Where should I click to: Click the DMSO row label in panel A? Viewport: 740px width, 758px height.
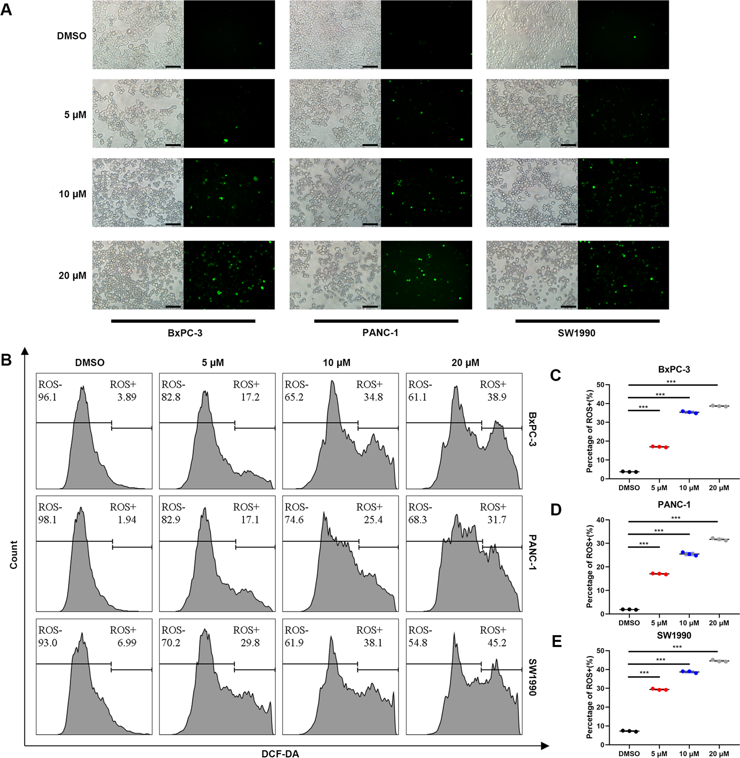tap(72, 36)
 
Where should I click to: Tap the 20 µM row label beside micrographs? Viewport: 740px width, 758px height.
tap(72, 275)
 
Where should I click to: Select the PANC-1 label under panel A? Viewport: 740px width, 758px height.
tap(380, 333)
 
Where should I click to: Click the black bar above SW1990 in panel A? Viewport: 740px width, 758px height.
tap(587, 321)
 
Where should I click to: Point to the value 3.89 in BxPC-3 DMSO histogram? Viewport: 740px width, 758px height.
tap(127, 397)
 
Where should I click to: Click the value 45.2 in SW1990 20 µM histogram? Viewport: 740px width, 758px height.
tap(497, 642)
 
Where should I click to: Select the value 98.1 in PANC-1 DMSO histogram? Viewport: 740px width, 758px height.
tap(47, 520)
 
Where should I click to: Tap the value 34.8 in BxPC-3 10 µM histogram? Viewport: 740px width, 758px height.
tap(373, 397)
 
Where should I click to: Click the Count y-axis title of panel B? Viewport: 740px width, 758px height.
tap(14, 555)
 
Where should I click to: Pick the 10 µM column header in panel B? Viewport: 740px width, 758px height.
tap(337, 363)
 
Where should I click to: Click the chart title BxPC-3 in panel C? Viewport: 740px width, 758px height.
tap(674, 369)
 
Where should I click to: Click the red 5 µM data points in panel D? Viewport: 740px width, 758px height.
tap(659, 574)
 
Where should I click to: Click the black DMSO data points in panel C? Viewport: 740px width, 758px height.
tap(629, 472)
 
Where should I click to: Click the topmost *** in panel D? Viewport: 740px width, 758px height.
tap(676, 518)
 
